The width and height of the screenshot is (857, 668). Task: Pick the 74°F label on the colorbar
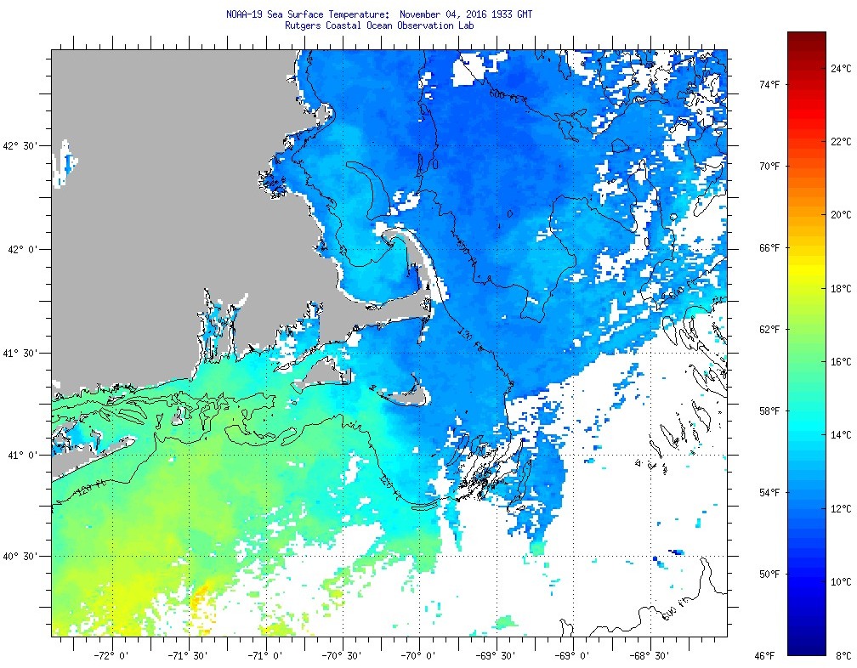coord(769,84)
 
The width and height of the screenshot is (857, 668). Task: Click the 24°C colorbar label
coord(842,68)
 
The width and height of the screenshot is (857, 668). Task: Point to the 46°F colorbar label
coord(765,655)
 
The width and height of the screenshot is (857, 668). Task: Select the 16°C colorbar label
coord(842,361)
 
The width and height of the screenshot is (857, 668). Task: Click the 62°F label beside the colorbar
coord(769,329)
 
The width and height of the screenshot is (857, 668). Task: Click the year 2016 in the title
coord(472,14)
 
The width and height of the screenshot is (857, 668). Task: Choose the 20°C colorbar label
coord(842,214)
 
